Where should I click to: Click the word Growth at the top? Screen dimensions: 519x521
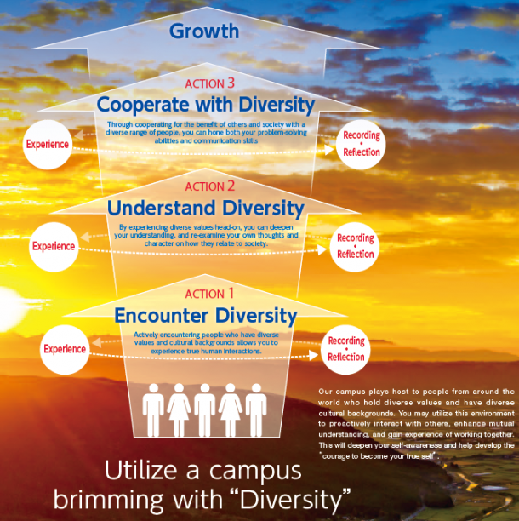click(x=204, y=31)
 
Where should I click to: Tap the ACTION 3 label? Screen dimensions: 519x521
click(x=210, y=83)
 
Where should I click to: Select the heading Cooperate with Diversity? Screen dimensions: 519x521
click(x=206, y=105)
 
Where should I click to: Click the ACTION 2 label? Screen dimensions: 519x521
click(x=210, y=186)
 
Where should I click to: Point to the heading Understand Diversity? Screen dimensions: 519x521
click(x=206, y=208)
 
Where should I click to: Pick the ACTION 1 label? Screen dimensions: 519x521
click(x=209, y=294)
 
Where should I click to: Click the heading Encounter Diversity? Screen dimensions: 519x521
click(x=206, y=315)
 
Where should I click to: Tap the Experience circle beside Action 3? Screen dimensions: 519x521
click(x=48, y=145)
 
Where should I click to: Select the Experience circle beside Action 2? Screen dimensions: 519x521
click(x=54, y=247)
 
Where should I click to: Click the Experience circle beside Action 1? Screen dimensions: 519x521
click(x=65, y=350)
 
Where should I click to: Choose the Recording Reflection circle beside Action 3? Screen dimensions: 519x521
click(x=361, y=145)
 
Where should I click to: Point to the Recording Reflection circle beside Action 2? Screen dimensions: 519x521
click(x=355, y=247)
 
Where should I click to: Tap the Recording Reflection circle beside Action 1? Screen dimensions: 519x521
click(x=345, y=350)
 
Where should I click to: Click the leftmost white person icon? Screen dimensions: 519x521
click(x=153, y=410)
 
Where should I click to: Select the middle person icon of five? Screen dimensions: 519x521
click(x=205, y=410)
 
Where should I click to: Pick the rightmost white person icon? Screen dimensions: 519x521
click(x=256, y=410)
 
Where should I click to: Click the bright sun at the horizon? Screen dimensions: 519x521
click(x=9, y=309)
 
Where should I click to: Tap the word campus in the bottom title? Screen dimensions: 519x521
click(x=255, y=472)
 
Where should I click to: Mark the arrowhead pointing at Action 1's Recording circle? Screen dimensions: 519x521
click(x=313, y=356)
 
